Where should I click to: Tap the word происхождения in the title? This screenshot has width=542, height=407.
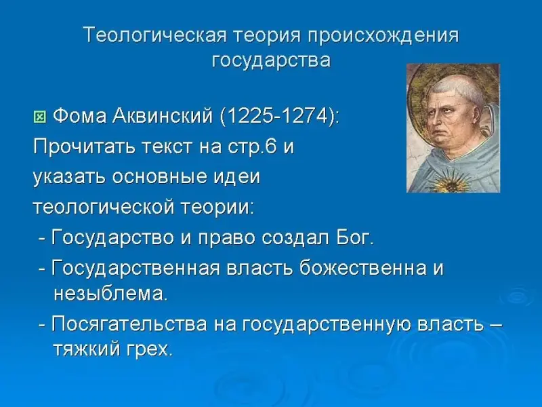click(383, 36)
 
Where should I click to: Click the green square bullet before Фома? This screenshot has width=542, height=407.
click(40, 117)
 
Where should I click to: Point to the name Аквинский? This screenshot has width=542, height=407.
click(163, 116)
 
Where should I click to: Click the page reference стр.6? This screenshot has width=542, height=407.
click(253, 147)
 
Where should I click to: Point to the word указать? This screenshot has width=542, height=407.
click(70, 178)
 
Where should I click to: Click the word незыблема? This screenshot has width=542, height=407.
click(110, 294)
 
